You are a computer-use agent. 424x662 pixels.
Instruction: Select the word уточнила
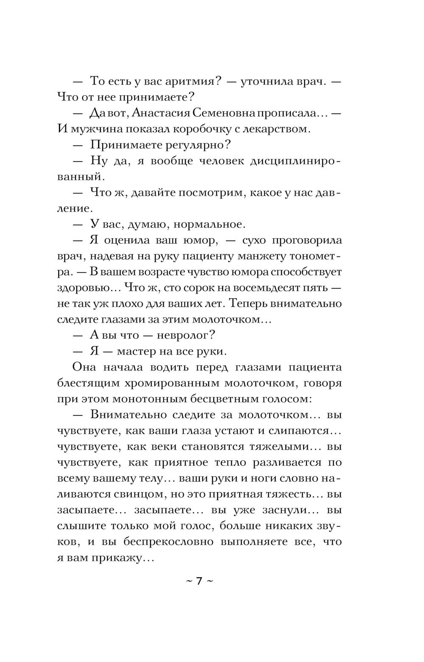point(268,81)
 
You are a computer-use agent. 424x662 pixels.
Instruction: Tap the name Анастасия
point(160,113)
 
